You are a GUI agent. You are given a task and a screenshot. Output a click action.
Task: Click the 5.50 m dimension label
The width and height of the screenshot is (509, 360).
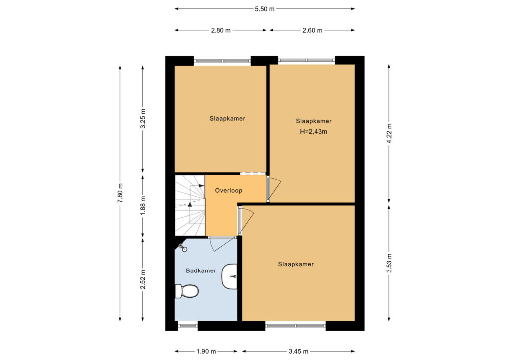264,9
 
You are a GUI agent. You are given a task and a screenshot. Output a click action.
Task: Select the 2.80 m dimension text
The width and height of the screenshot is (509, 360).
221,30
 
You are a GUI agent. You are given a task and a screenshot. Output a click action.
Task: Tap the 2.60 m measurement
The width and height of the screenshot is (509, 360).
312,30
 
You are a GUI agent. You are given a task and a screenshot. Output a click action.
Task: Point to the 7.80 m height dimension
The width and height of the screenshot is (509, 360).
120,193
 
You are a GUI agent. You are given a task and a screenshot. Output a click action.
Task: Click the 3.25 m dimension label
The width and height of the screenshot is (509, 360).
143,119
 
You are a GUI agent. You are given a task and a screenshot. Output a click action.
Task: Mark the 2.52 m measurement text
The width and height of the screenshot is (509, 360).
143,279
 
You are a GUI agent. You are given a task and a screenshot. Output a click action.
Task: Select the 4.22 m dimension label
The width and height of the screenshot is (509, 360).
389,133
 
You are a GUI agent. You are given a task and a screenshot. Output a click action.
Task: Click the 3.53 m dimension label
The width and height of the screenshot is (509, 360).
389,263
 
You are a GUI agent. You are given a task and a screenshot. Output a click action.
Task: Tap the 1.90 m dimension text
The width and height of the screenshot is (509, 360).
206,351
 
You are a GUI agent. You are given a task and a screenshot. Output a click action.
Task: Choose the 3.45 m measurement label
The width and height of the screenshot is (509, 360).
298,351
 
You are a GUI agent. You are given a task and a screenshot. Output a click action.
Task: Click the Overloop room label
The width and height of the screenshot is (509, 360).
229,191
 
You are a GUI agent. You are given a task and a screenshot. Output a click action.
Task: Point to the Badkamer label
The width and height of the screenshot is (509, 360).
201,270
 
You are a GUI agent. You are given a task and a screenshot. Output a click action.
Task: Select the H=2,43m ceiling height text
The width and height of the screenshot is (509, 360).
313,132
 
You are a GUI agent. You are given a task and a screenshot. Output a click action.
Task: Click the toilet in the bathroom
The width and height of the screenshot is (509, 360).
187,291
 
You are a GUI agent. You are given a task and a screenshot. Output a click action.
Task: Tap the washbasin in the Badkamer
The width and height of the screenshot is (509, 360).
229,276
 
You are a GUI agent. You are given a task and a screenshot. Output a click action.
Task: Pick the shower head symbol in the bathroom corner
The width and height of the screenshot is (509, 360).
183,248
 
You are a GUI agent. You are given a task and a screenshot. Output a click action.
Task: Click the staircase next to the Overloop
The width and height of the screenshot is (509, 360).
190,205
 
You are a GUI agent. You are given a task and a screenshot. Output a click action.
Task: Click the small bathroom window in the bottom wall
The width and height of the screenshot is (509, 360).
188,325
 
